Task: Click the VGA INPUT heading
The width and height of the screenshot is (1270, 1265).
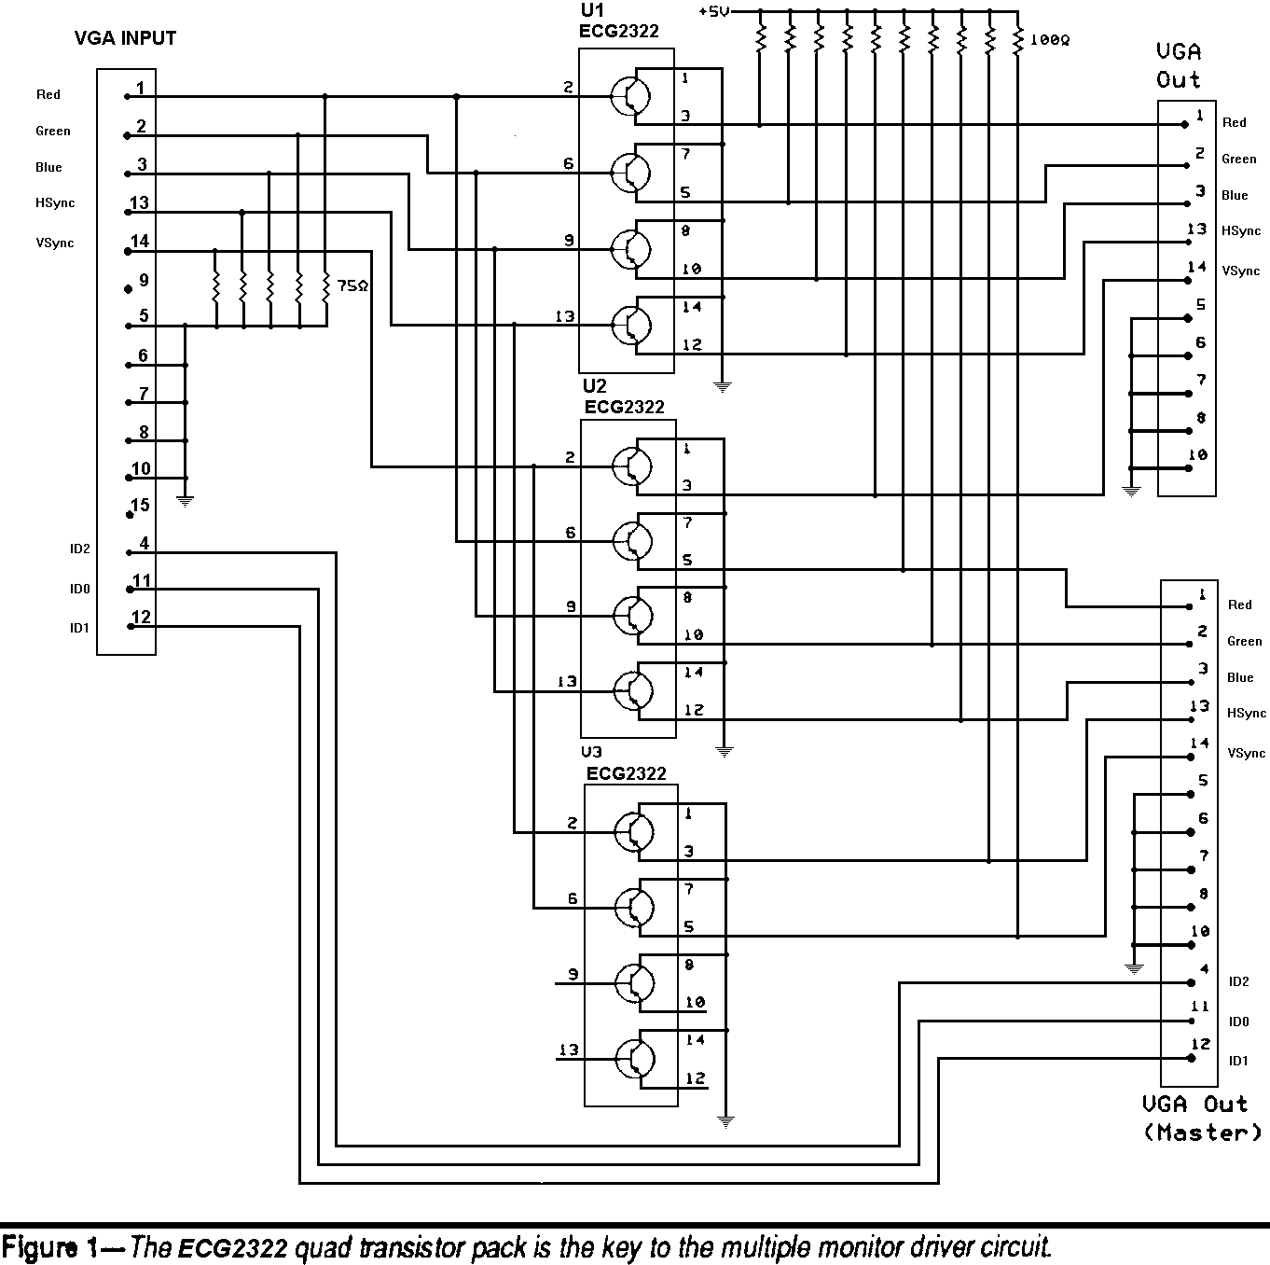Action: pos(125,39)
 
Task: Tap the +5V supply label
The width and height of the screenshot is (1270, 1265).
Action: pos(713,11)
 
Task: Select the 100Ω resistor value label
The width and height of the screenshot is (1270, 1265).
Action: pos(1049,41)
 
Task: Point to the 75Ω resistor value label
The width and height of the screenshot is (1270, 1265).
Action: pos(352,286)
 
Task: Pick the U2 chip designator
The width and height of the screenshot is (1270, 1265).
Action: pos(595,386)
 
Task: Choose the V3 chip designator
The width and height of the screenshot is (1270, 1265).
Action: pos(591,752)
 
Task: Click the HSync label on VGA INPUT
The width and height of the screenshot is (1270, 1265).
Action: pos(55,203)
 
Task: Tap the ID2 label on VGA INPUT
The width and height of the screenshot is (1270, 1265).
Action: pos(79,549)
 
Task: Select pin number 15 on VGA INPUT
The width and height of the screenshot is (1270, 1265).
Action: pos(140,506)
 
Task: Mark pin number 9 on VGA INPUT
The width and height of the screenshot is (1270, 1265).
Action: pos(144,280)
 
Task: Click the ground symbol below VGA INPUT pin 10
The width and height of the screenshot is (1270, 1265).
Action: pos(186,501)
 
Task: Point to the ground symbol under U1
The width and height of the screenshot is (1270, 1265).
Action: pos(723,385)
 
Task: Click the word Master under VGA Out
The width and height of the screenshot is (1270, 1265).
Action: pos(1203,1133)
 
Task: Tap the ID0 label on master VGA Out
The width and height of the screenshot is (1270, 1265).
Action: pos(1238,1022)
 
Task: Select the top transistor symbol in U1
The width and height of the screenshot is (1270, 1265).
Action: pos(631,95)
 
